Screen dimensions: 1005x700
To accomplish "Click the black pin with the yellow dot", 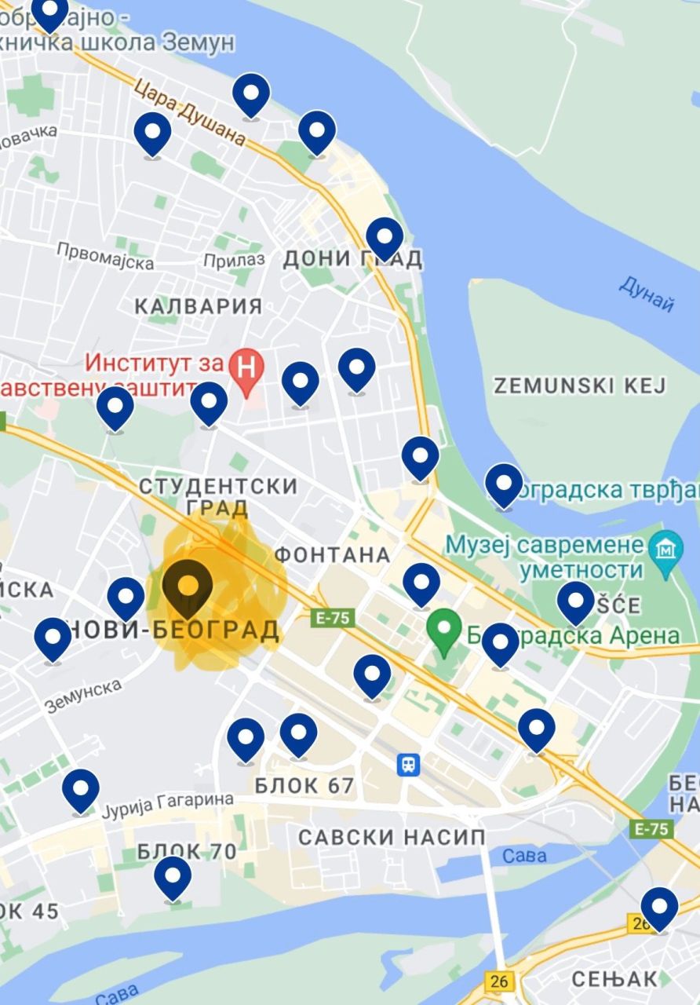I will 188,586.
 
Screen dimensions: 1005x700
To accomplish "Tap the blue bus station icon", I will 408,764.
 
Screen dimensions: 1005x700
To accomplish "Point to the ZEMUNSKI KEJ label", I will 579,386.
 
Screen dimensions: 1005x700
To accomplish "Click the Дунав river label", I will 646,294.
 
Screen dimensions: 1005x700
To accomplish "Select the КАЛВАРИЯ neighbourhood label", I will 199,306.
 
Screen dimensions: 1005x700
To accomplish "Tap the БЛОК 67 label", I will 304,785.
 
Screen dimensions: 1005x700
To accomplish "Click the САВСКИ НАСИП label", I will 392,837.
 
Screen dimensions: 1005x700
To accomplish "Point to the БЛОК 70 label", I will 187,851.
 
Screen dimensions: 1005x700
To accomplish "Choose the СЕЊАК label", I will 614,978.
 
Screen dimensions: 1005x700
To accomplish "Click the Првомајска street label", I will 105,256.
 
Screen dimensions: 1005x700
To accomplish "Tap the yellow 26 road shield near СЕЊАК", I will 499,981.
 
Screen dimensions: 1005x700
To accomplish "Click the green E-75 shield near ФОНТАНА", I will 333,618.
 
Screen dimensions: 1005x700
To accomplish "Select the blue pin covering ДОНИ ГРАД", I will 385,238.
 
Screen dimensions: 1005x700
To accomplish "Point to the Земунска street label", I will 83,696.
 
